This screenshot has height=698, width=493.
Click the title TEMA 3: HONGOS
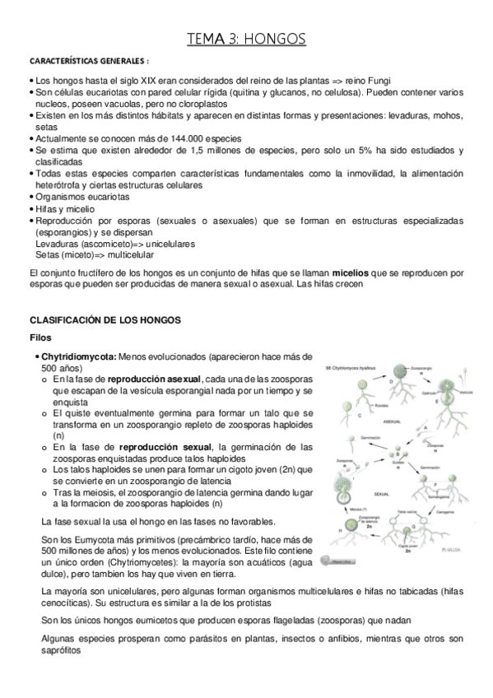[x=246, y=39]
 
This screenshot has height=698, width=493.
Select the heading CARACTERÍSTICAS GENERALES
[x=89, y=62]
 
